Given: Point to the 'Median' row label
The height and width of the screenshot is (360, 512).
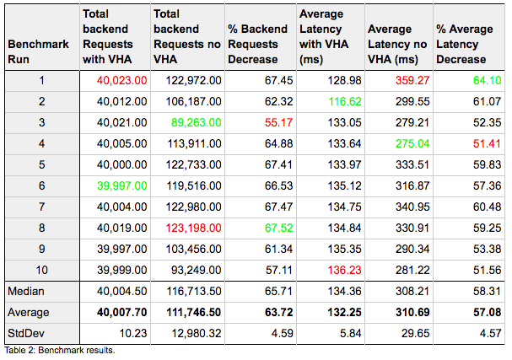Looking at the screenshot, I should (x=27, y=292).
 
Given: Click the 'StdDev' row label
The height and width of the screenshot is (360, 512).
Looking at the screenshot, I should (x=27, y=332).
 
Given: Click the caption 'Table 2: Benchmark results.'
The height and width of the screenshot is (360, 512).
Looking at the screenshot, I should (x=59, y=350).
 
